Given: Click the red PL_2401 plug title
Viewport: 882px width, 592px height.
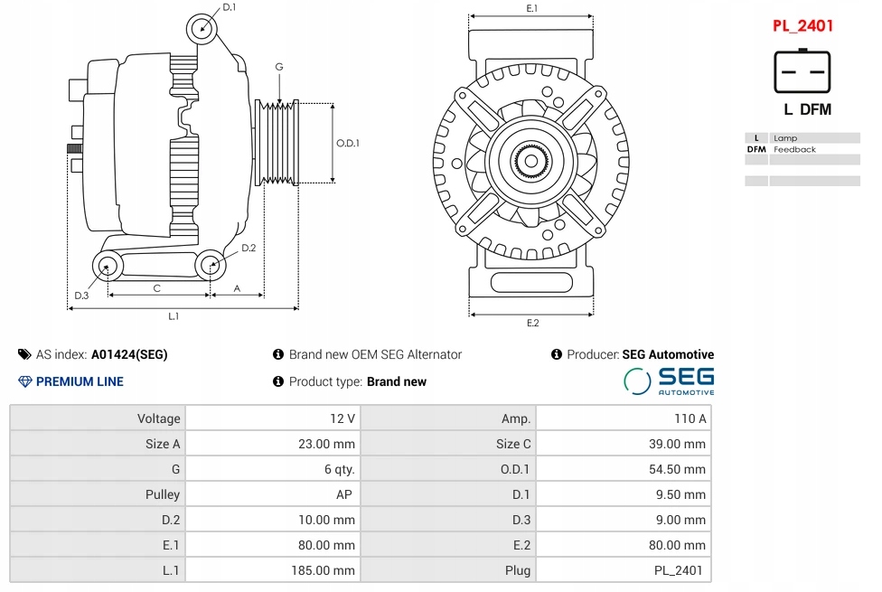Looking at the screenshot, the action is tap(802, 26).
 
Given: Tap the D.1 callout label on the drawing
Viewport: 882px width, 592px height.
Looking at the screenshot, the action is tap(229, 7).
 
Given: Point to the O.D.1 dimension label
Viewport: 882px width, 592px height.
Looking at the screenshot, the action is tap(348, 143).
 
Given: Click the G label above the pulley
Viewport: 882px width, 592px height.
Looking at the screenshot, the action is tap(279, 66).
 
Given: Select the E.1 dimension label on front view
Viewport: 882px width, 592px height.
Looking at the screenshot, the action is tap(531, 8).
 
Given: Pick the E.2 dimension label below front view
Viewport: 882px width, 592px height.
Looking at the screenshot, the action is tap(532, 323).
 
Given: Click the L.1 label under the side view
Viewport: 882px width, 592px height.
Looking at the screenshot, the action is tap(174, 316).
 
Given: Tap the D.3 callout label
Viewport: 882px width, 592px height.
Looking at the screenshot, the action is tap(81, 296).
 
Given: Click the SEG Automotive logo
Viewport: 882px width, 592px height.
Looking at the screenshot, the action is tap(669, 381).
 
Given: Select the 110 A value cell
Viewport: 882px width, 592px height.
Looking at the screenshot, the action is tap(624, 418).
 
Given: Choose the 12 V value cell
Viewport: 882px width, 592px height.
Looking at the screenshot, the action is tap(274, 418).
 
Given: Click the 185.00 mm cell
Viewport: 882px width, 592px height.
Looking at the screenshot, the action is tap(274, 570).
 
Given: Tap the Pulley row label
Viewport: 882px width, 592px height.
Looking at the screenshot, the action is tap(163, 494).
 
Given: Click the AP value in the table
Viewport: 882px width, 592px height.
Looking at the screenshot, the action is tap(344, 494).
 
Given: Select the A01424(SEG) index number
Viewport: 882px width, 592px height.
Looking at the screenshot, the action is tap(129, 354).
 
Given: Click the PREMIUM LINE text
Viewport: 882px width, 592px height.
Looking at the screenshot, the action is tap(80, 381).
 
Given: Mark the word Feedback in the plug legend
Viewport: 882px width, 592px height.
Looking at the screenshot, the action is tap(794, 150).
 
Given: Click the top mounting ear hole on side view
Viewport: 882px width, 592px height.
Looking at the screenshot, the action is tap(201, 28).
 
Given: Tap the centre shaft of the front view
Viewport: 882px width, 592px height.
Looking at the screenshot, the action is tap(530, 162).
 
